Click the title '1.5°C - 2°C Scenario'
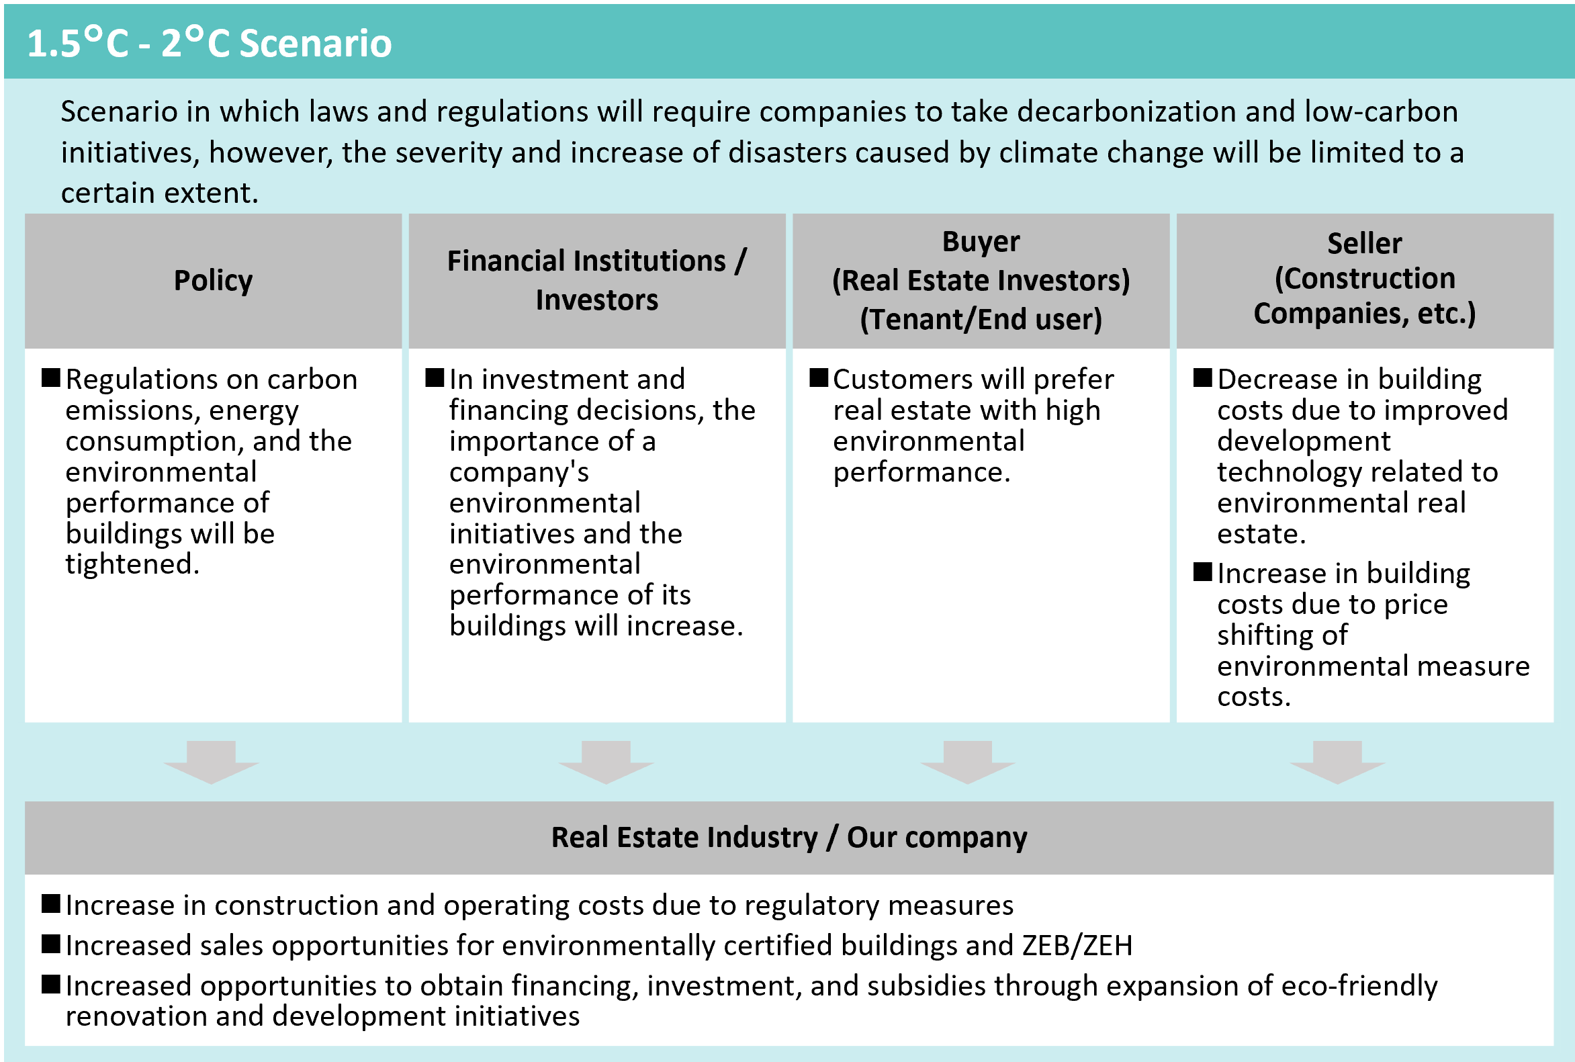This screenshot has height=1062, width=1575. [210, 43]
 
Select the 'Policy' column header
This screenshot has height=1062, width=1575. [214, 280]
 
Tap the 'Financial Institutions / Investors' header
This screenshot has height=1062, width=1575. [596, 280]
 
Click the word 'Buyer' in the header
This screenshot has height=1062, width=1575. [981, 242]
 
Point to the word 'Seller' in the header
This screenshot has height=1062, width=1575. [1364, 243]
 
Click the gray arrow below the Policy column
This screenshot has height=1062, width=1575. [212, 762]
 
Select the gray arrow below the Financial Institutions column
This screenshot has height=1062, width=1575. [606, 762]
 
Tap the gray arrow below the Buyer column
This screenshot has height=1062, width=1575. [968, 762]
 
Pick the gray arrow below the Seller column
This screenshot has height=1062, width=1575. [1337, 762]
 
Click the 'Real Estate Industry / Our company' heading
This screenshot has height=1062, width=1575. [789, 837]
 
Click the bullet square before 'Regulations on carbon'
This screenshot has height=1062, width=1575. [51, 378]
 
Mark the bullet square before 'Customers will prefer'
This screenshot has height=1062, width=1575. [819, 378]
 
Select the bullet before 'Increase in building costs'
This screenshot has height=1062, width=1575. [1203, 572]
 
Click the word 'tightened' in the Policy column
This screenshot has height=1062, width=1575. [132, 564]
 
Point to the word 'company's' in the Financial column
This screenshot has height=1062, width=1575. [519, 472]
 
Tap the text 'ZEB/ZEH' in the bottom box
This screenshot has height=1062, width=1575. [1077, 946]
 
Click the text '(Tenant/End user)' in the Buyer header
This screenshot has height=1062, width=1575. [981, 319]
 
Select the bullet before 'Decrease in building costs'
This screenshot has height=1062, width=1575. [1203, 378]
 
